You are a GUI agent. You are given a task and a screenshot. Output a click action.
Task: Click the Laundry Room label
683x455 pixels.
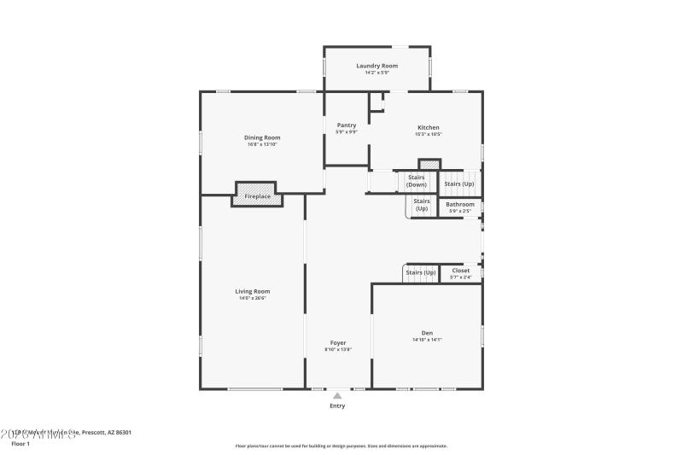pyautogui.click(x=377, y=66)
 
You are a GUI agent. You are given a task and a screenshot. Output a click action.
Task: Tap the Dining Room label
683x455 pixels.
pyautogui.click(x=262, y=137)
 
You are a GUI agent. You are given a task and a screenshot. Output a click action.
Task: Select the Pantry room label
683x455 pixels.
pyautogui.click(x=346, y=125)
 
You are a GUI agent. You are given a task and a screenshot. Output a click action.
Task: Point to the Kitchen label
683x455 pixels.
pyautogui.click(x=428, y=127)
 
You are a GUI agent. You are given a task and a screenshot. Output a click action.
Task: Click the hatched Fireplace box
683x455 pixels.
pyautogui.click(x=257, y=195)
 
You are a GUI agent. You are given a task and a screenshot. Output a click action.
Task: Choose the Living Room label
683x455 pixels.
pyautogui.click(x=253, y=291)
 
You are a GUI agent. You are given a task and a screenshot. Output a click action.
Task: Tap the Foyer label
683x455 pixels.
pyautogui.click(x=338, y=342)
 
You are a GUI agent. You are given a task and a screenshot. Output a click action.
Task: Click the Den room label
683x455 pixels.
pyautogui.click(x=427, y=332)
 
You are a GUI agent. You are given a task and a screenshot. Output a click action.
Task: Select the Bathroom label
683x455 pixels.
pyautogui.click(x=460, y=204)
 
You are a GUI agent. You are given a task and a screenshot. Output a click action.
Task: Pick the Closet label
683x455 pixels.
pyautogui.click(x=460, y=271)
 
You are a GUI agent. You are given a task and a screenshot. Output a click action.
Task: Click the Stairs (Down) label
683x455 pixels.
pyautogui.click(x=417, y=180)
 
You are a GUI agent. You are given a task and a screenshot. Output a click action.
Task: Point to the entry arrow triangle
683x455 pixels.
pyautogui.click(x=338, y=396)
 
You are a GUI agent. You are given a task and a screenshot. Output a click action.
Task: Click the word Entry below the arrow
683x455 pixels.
pyautogui.click(x=338, y=406)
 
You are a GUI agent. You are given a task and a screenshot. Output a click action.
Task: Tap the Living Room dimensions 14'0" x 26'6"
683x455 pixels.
pyautogui.click(x=253, y=298)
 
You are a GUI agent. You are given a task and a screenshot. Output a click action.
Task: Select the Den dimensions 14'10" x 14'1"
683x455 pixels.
pyautogui.click(x=427, y=340)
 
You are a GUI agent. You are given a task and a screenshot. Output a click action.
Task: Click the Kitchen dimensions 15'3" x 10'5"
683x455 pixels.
pyautogui.click(x=428, y=134)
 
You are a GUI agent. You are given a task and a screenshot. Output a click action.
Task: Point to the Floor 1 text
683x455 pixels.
pyautogui.click(x=20, y=444)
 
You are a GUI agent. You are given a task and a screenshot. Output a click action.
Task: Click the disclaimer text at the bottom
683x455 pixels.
pyautogui.click(x=341, y=446)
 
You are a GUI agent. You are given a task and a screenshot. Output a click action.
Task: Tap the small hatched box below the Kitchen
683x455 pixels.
pyautogui.click(x=429, y=164)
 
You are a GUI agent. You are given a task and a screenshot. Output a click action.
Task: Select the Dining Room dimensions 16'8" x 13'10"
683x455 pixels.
pyautogui.click(x=262, y=144)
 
